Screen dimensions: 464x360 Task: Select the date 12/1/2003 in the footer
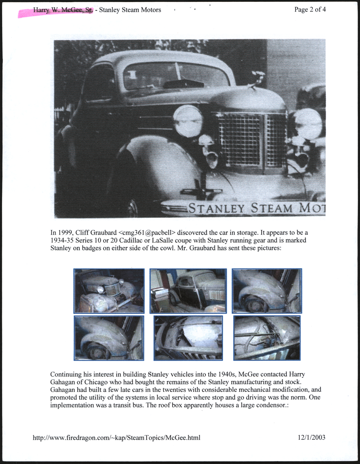click(311, 438)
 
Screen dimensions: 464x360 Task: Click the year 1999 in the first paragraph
click(65, 232)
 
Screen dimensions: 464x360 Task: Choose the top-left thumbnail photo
click(109, 291)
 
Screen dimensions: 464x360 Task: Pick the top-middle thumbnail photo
click(188, 291)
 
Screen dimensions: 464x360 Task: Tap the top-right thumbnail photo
click(267, 291)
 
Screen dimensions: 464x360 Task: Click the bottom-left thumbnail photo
click(109, 338)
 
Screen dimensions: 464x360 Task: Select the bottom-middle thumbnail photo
click(188, 338)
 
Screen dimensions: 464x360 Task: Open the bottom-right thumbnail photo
click(267, 338)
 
